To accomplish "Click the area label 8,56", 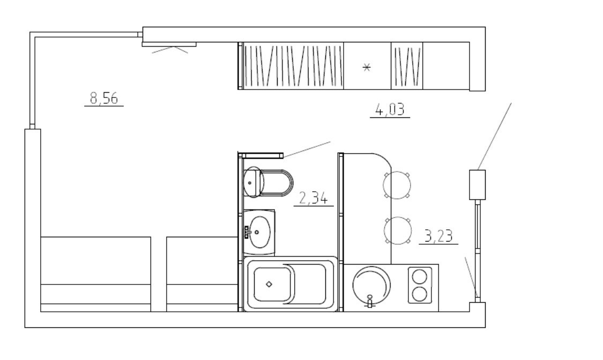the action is [104, 98].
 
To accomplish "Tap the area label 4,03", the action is [390, 110].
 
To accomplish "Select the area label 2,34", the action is [314, 198].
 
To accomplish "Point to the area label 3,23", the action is [438, 236].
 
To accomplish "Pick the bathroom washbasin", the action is [259, 232].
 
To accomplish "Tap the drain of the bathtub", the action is [269, 284].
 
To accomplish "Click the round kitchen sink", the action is [371, 285].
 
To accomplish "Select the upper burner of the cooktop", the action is [420, 276].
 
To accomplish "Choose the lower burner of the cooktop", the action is [420, 295].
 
